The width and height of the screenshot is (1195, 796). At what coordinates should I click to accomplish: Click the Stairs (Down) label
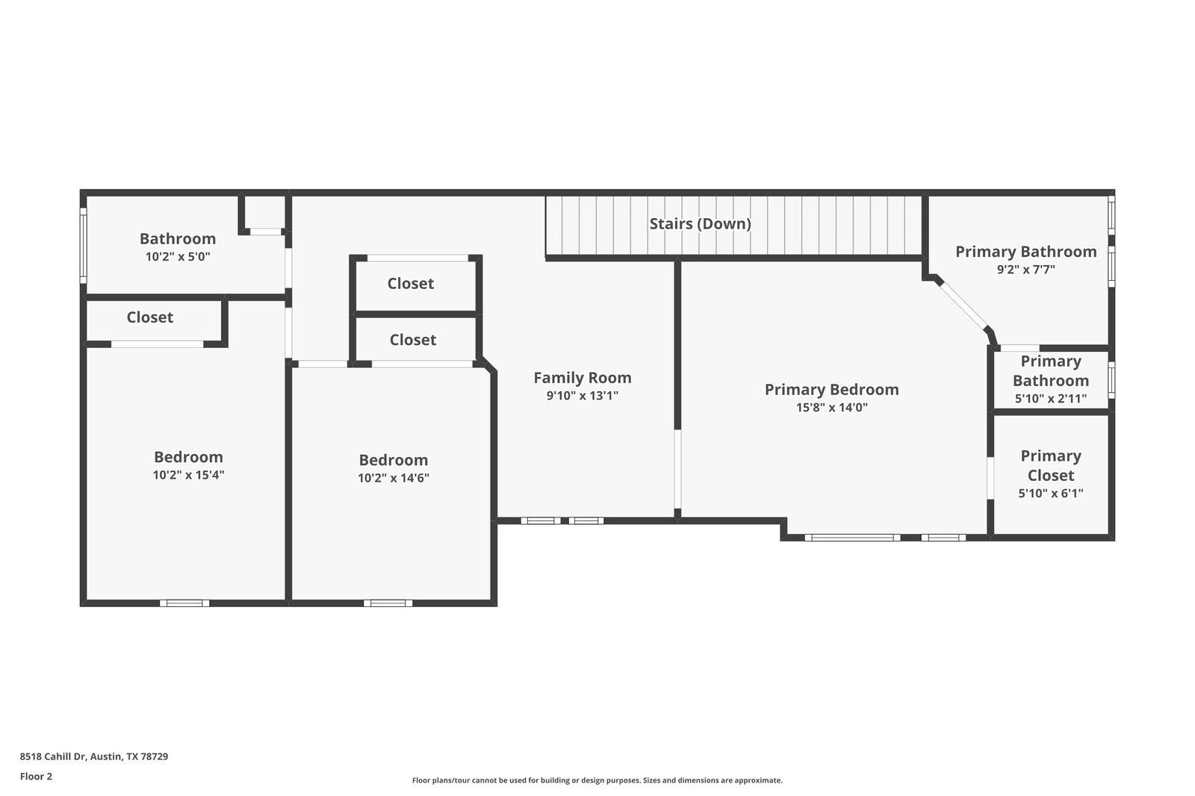(700, 223)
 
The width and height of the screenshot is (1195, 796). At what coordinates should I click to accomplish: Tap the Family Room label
(582, 378)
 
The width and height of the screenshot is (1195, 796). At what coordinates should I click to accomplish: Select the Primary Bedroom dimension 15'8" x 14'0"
(831, 408)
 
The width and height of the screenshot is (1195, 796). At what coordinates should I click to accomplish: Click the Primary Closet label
(1050, 465)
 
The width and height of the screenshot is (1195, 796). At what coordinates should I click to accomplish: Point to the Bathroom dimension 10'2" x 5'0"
(178, 257)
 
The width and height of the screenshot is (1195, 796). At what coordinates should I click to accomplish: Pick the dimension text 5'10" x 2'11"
(1050, 399)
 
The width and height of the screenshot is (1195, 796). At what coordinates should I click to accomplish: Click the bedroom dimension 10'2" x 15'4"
(188, 475)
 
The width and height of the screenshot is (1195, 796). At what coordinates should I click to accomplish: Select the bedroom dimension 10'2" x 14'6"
(393, 478)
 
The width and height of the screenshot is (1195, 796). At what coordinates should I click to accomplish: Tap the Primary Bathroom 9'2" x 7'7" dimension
(1025, 270)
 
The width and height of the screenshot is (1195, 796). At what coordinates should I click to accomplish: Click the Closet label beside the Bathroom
(149, 317)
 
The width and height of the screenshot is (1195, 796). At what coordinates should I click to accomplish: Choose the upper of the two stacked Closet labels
(410, 284)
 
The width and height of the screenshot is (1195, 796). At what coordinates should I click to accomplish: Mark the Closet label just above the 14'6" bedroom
(412, 340)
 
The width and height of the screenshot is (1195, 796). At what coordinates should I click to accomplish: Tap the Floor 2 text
(36, 777)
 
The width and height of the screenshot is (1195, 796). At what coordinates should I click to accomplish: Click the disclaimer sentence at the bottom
(597, 780)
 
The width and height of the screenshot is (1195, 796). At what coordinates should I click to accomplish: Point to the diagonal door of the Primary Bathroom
(963, 305)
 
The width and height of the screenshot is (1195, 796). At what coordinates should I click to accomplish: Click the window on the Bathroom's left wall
(84, 246)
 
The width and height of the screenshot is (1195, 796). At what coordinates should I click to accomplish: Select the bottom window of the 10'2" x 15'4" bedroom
(184, 603)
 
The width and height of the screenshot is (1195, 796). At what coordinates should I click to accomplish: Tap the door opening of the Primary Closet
(990, 478)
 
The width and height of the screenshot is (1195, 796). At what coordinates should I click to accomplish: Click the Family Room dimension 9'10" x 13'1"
(582, 396)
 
